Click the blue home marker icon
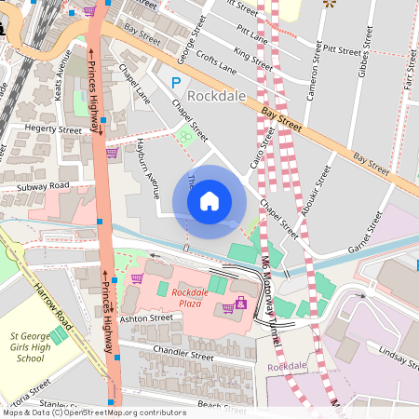(x=209, y=201)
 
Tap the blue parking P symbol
(x=175, y=84)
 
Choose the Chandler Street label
(x=188, y=356)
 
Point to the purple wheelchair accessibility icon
(x=241, y=303)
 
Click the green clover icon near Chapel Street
(x=186, y=136)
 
